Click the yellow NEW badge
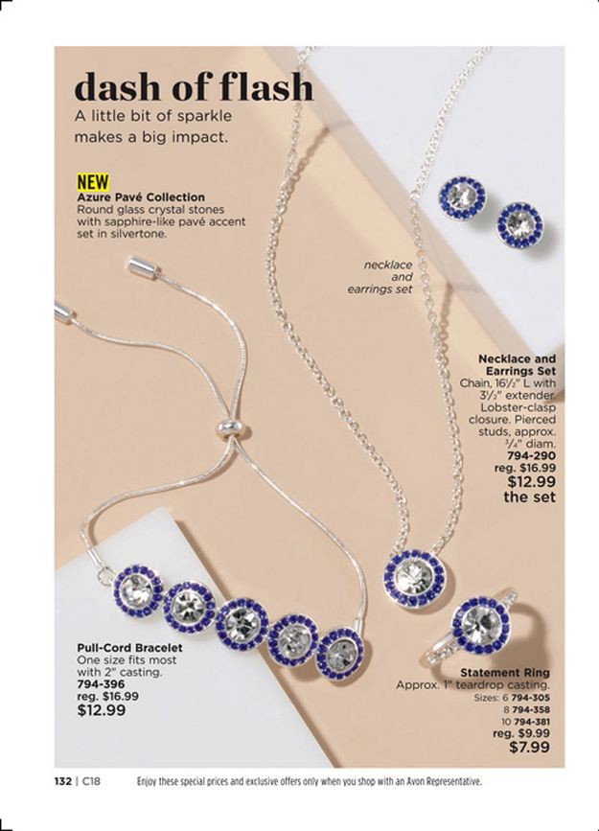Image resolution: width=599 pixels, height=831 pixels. click(x=93, y=182)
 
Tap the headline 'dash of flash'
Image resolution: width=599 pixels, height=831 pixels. click(x=194, y=87)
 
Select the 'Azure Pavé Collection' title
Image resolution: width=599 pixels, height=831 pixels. click(x=141, y=196)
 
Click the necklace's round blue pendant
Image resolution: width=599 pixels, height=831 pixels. click(x=414, y=578)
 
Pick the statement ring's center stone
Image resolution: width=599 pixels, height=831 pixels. click(x=482, y=624)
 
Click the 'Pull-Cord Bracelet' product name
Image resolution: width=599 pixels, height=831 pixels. click(x=129, y=647)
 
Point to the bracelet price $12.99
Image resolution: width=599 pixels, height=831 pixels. click(x=102, y=710)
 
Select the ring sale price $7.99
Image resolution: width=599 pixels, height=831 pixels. click(x=531, y=748)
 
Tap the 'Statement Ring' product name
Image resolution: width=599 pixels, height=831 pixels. click(x=504, y=673)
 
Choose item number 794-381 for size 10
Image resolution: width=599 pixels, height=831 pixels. click(x=531, y=721)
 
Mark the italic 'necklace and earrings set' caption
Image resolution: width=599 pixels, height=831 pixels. click(x=388, y=276)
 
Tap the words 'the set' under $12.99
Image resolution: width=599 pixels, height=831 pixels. click(x=529, y=497)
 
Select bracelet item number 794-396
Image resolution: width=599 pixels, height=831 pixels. click(x=101, y=684)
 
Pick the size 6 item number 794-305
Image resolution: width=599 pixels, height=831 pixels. click(x=531, y=698)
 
